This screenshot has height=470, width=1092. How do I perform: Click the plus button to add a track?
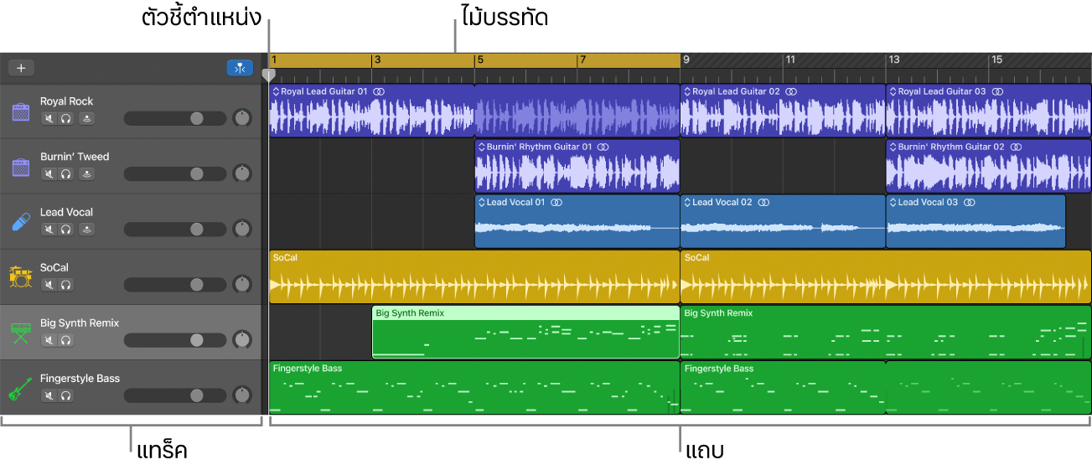coord(21,68)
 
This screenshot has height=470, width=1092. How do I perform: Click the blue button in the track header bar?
coord(240,68)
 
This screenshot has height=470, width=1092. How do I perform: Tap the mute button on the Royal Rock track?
coord(49,118)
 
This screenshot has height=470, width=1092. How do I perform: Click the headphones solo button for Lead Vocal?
coord(66,230)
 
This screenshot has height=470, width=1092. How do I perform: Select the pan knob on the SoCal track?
coord(242,284)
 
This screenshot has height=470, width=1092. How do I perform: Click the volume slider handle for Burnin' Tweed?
coord(197,174)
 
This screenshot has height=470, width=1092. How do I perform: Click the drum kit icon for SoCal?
coord(20,277)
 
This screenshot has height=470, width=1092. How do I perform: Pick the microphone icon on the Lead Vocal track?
coord(20,222)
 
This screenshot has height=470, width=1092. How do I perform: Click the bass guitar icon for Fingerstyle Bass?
coord(20,388)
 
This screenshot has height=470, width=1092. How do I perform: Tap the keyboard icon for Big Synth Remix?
coord(20,333)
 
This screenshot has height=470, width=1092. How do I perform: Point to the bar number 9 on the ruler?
coord(686,59)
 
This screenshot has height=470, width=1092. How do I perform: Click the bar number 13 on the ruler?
coord(894,59)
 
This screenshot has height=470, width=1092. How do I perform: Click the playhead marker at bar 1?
coord(269,75)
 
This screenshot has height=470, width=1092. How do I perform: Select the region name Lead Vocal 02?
coord(722,203)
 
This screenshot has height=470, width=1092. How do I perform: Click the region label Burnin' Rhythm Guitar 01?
coord(539,147)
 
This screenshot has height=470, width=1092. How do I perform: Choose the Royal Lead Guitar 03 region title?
coord(942,91)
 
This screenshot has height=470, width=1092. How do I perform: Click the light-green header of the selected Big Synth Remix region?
coord(525,313)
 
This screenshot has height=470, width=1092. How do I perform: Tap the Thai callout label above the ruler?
coord(505,18)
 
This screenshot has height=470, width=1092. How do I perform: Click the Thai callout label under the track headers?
coord(162,451)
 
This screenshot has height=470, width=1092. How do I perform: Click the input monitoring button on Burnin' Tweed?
coord(87,174)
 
